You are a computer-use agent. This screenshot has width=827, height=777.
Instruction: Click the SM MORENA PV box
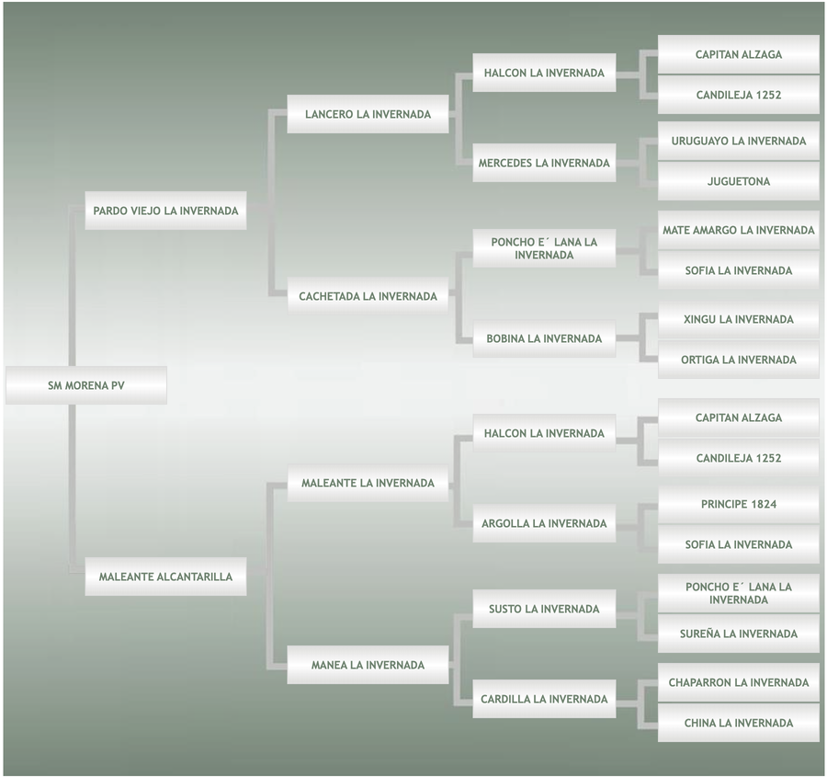pos(86,385)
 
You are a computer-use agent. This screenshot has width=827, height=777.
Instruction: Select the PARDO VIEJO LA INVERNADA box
pos(165,211)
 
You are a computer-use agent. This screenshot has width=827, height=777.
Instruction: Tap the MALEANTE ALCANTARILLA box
pos(165,577)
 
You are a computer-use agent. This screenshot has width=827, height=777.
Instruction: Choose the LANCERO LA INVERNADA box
pos(368,115)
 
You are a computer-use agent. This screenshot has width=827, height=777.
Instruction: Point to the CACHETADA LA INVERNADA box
pos(368,296)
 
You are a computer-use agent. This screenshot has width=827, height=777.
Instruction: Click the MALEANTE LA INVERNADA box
pos(368,483)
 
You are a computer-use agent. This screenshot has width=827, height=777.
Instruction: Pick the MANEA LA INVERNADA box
pos(368,665)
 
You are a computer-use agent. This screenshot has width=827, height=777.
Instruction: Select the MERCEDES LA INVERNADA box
pos(544,163)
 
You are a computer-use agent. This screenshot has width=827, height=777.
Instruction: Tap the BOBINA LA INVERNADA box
pos(544,338)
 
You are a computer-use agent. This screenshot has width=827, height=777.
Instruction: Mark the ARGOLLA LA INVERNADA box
pos(544,523)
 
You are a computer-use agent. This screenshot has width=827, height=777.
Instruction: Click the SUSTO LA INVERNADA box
pos(544,609)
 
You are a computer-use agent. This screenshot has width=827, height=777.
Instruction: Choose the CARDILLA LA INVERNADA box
pos(544,699)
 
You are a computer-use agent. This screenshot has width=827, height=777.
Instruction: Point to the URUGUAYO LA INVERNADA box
pos(739,141)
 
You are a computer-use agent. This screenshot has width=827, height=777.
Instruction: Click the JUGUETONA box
pos(739,181)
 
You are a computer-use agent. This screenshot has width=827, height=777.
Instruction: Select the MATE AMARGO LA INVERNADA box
pos(739,230)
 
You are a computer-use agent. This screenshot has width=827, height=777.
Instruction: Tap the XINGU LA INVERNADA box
pos(739,319)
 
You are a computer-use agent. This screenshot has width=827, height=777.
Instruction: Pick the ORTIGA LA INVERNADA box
pos(739,360)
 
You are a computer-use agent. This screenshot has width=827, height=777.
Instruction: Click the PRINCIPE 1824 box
pos(739,504)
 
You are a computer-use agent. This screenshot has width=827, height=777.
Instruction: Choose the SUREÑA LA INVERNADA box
pos(739,634)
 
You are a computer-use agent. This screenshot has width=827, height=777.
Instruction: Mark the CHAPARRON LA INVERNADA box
pos(739,682)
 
